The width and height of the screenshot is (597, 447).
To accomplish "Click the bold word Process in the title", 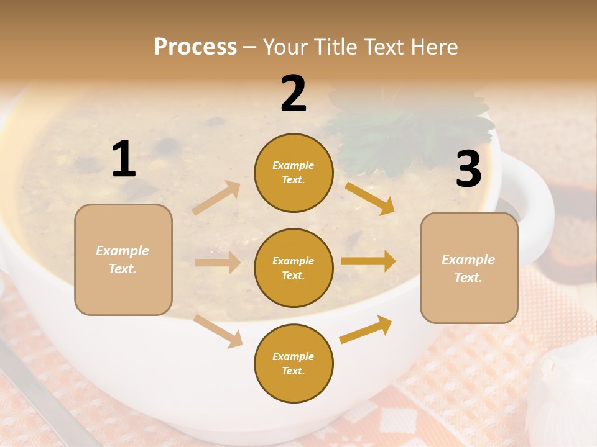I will [x=195, y=47].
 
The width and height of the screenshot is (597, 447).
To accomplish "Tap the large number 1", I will [x=124, y=159].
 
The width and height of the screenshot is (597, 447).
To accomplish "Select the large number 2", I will [x=294, y=93].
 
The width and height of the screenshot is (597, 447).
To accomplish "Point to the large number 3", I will [x=468, y=169].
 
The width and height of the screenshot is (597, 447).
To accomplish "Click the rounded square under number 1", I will [x=123, y=260].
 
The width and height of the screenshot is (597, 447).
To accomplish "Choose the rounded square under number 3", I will [x=469, y=268].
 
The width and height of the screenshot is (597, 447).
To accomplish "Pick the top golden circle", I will [x=294, y=173].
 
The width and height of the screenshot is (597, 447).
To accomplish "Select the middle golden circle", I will [x=294, y=268].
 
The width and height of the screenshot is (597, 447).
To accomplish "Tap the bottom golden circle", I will [x=294, y=363].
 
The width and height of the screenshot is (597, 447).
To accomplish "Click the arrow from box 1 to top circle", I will [x=216, y=198].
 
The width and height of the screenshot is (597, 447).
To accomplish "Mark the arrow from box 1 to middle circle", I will [x=218, y=263].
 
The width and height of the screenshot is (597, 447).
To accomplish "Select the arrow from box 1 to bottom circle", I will [x=218, y=330].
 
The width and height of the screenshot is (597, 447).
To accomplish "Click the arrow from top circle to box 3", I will [x=370, y=198].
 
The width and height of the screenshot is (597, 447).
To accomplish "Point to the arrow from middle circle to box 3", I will [x=368, y=261].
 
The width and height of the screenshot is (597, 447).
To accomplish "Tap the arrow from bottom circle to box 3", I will [x=366, y=329].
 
